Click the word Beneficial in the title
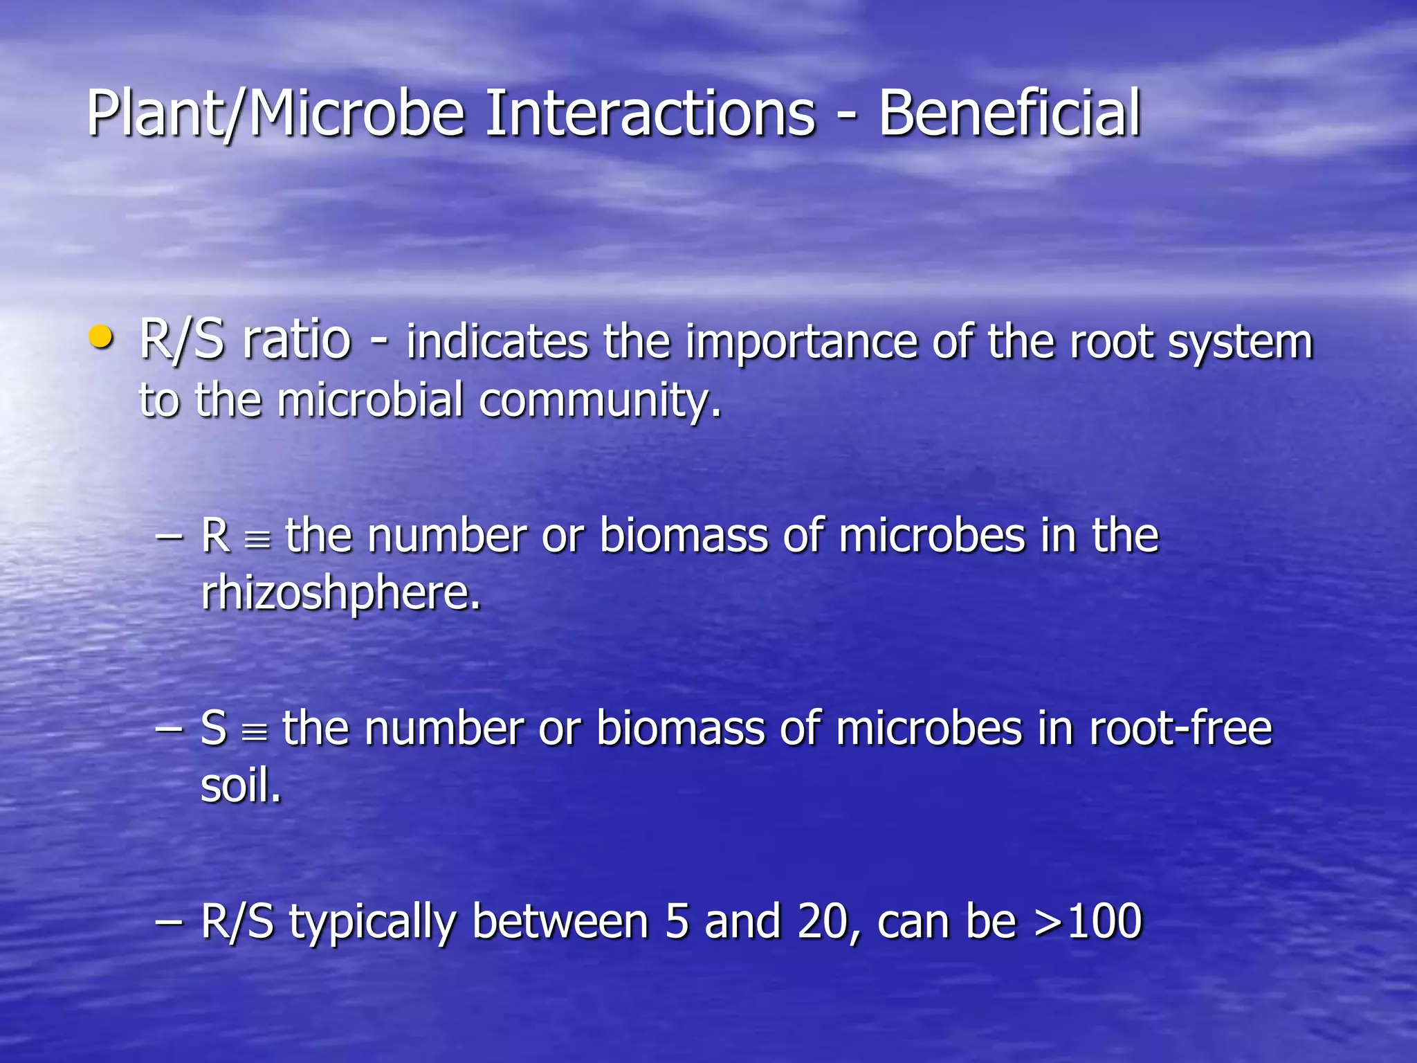tap(1009, 113)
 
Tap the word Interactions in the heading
tap(650, 113)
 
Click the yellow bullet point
tap(101, 338)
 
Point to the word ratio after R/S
tap(297, 340)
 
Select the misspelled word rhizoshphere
tap(340, 594)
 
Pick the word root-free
tap(1180, 729)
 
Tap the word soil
tap(241, 786)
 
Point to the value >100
tap(1088, 922)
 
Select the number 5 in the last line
tap(677, 922)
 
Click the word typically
tap(372, 923)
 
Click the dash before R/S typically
tap(169, 923)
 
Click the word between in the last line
tap(560, 922)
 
